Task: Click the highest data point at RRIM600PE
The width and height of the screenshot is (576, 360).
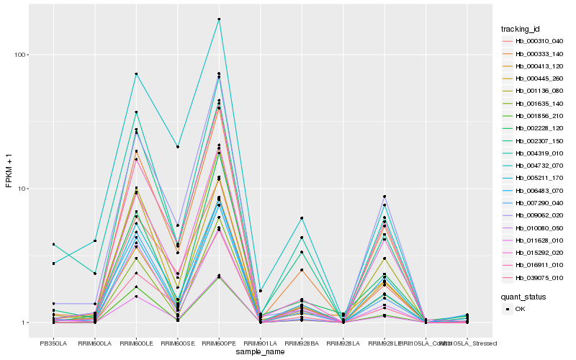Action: [x=219, y=19]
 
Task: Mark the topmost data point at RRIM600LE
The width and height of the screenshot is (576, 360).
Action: [x=136, y=74]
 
